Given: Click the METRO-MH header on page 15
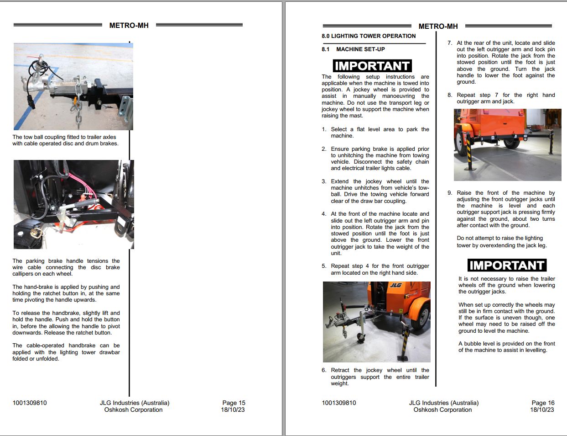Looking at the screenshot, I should [x=129, y=26].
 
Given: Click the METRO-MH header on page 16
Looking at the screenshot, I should [x=438, y=27].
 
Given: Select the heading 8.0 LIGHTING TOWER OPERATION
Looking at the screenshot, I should [x=369, y=36].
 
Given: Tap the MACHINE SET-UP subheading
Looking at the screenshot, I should [x=360, y=49].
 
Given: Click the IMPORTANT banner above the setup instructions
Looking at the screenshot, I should [x=372, y=66].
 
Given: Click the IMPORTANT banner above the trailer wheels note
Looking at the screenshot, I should [x=507, y=266].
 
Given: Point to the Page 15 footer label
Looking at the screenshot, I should [x=234, y=403].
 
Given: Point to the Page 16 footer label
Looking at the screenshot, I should [x=543, y=403].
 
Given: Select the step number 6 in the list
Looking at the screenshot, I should [x=324, y=370].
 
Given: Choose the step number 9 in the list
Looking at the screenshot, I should [x=450, y=193].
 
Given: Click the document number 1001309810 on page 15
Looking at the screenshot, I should [x=30, y=403].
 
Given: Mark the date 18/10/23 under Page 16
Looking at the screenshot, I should [x=542, y=409].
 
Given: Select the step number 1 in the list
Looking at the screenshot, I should [x=324, y=129].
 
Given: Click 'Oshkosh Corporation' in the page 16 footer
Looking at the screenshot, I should [x=442, y=409].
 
